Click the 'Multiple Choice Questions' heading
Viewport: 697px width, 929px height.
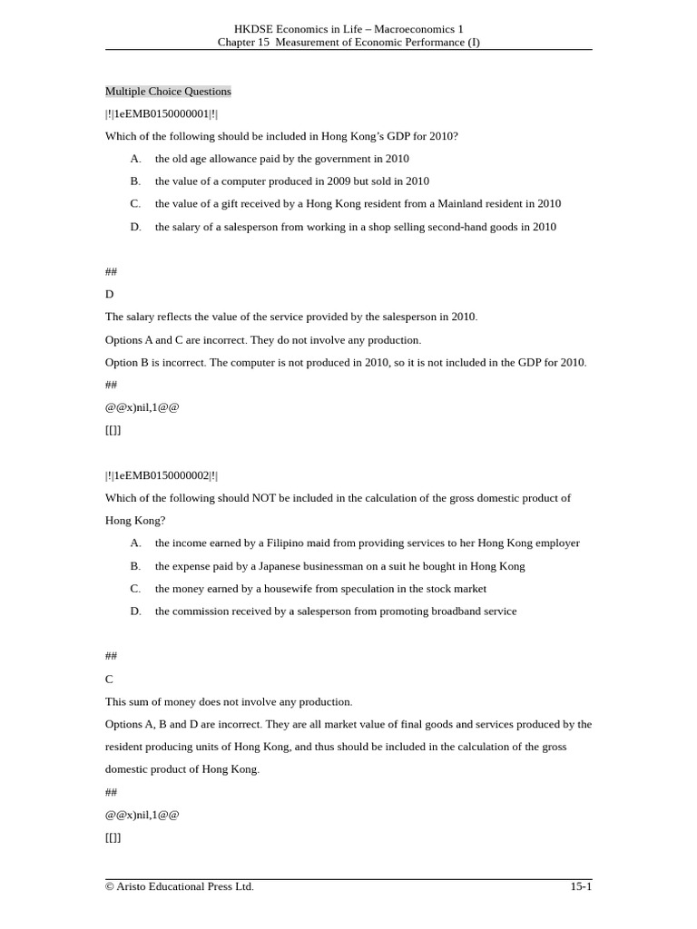(x=168, y=92)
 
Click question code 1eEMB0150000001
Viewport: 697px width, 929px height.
(x=162, y=113)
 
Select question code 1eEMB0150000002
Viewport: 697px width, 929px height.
(x=162, y=475)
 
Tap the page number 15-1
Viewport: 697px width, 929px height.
(x=581, y=886)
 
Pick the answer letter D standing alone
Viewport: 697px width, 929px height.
(x=110, y=294)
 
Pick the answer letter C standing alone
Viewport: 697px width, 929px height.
(x=110, y=679)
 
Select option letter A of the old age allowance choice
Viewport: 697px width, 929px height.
(x=135, y=159)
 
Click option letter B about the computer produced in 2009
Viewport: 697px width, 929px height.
(x=135, y=181)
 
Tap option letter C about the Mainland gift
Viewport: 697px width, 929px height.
(x=135, y=204)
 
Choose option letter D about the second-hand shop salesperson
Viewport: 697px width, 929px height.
(x=135, y=227)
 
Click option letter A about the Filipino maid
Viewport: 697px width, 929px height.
(x=135, y=543)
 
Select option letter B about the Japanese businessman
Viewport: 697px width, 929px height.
(x=135, y=566)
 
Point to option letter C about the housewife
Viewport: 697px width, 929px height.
(x=135, y=589)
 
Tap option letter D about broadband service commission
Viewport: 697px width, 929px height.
(x=135, y=611)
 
